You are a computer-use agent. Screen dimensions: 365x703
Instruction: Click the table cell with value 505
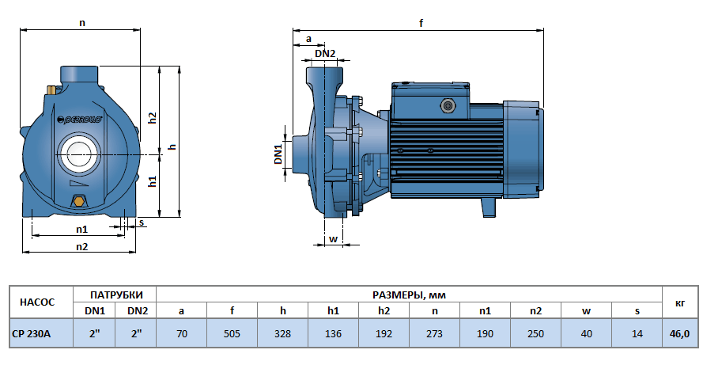232,334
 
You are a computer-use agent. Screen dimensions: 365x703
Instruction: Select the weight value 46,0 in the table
680,334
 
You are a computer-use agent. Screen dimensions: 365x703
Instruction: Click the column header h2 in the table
384,311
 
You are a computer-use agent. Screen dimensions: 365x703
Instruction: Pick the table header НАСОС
37,302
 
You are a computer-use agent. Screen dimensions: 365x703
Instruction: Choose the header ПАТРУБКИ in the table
115,295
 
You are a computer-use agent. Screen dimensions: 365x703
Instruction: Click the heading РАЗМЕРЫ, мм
409,295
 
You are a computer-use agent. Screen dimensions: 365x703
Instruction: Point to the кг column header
680,302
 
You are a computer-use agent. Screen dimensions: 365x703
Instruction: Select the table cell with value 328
282,334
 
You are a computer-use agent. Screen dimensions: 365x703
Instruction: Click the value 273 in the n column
434,334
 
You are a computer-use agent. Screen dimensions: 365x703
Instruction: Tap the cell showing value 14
637,334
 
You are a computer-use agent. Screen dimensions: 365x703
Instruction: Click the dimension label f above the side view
421,24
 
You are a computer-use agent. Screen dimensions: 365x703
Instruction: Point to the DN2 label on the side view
325,54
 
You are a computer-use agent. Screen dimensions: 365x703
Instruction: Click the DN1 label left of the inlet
278,154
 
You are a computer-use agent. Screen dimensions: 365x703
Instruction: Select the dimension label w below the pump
333,238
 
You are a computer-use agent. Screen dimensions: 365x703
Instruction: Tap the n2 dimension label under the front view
81,246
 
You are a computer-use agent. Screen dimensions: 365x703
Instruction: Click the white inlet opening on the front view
77,150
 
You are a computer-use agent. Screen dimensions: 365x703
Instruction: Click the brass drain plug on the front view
78,201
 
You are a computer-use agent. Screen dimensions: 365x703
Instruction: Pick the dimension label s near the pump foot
142,223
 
